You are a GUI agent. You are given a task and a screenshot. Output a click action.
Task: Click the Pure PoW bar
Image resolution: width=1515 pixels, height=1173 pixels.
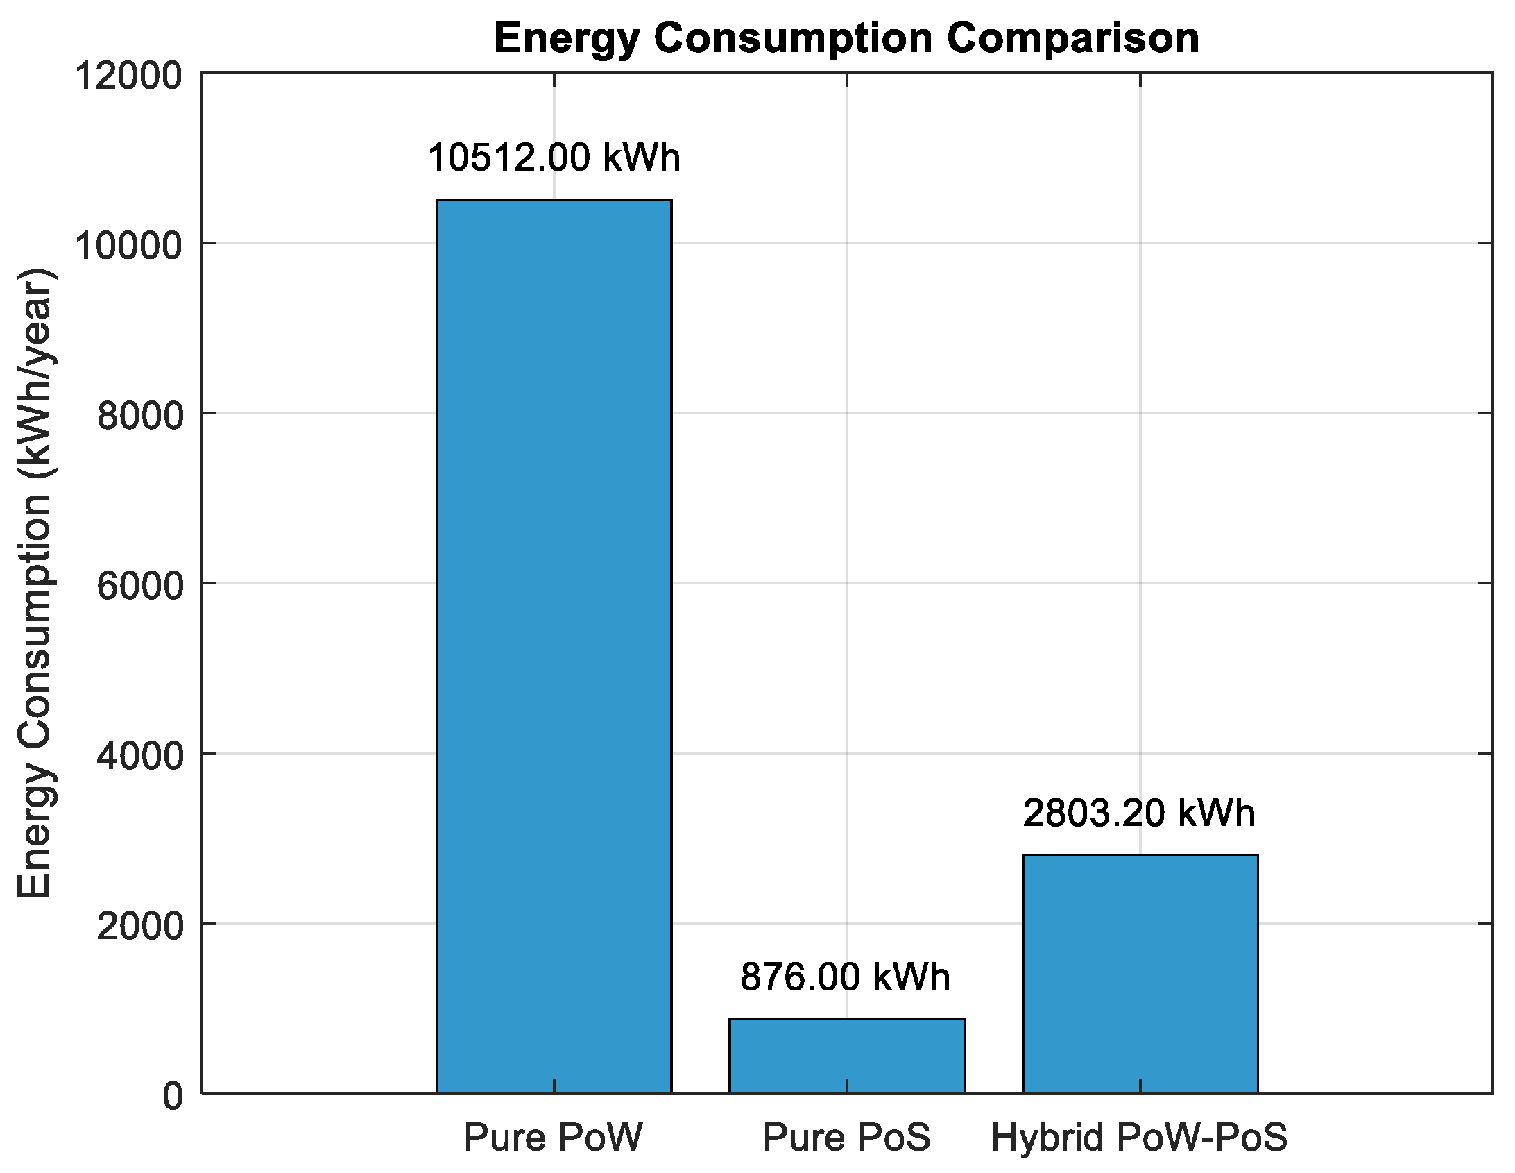coord(554,645)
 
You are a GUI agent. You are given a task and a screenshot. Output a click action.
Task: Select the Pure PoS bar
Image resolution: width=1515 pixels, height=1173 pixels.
coord(846,1056)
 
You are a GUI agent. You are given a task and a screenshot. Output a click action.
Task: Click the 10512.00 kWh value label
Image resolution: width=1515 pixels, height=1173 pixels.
coord(554,158)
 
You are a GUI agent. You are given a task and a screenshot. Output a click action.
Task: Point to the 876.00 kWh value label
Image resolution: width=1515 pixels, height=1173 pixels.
coord(845,977)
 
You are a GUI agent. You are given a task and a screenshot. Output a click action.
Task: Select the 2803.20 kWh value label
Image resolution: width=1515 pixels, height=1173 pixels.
coord(1139,813)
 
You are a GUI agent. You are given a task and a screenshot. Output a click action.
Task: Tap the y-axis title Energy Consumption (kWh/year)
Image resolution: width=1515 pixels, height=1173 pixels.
coord(35,583)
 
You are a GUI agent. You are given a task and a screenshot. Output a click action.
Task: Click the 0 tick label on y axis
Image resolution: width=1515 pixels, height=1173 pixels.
coord(173,1096)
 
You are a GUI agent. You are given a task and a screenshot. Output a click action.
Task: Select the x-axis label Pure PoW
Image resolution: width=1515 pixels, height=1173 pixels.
coord(553,1138)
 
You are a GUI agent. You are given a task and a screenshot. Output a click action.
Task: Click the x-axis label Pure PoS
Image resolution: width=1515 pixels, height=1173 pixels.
coord(846,1138)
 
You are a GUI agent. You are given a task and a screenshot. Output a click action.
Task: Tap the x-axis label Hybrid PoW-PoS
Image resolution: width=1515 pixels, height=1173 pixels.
coord(1139,1138)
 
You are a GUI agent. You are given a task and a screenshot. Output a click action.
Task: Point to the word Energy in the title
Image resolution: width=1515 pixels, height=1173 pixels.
coord(567,39)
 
